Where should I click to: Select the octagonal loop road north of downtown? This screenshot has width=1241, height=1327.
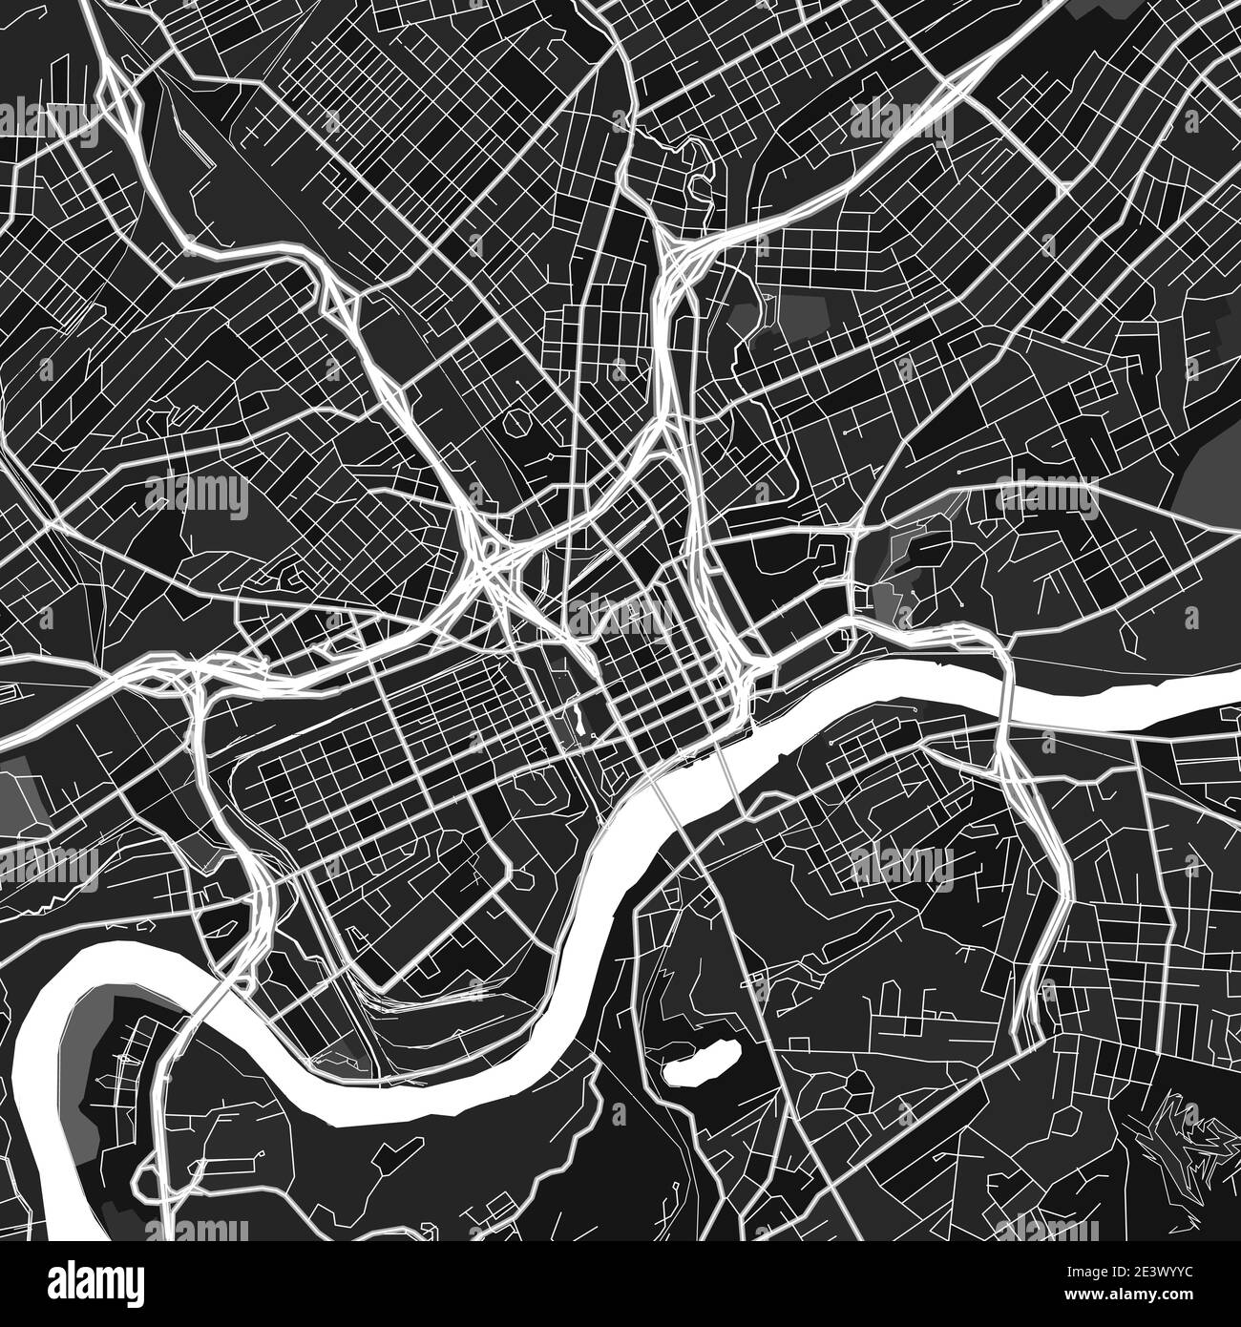(x=519, y=421)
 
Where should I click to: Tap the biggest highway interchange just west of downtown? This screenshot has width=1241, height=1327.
(x=487, y=563)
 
